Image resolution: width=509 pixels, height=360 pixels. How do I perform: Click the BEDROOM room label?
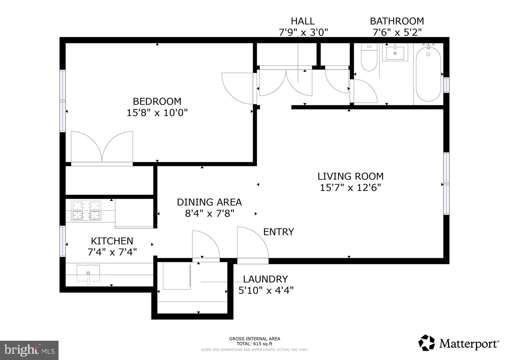point(157,101)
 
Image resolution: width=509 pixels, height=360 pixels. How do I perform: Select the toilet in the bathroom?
point(369,58)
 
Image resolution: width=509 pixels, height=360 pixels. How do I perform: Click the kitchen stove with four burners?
point(86,210)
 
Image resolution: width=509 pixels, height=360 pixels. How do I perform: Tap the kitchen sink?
point(88,273)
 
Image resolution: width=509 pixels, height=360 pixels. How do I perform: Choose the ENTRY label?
point(279,232)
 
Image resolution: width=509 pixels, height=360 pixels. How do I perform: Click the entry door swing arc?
point(253,244)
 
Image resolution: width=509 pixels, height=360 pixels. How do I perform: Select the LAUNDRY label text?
point(265,279)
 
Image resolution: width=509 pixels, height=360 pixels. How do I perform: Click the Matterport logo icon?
point(427,343)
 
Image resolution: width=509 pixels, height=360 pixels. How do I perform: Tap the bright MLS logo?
point(29,350)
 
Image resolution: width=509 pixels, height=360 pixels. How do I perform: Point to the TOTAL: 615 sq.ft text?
point(255,344)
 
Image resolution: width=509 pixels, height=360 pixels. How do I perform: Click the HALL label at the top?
point(303,21)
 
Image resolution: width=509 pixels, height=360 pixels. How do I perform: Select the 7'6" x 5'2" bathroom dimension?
point(397,33)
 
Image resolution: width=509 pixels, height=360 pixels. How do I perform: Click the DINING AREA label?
point(209,202)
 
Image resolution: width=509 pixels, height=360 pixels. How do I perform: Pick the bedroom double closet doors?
point(102,147)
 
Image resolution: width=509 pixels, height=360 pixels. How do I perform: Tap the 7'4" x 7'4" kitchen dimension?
point(112,252)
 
